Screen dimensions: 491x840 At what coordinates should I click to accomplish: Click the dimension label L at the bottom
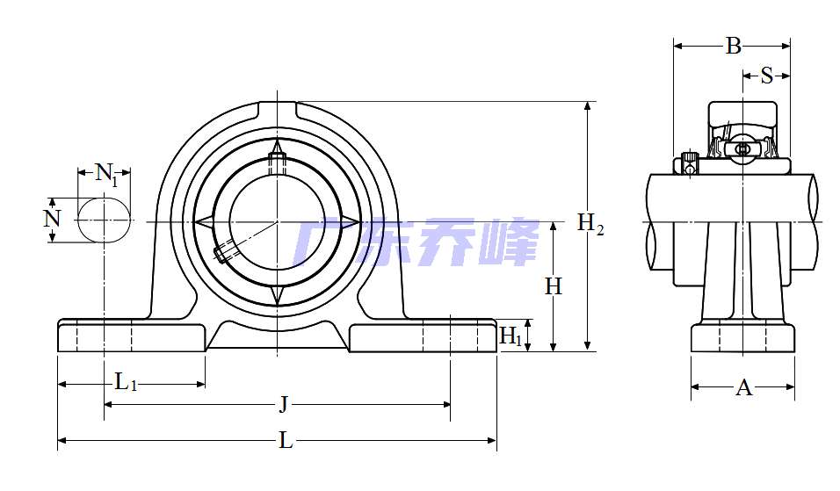286,441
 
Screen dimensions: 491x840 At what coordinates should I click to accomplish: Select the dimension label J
283,405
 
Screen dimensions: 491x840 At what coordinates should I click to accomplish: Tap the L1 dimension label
127,382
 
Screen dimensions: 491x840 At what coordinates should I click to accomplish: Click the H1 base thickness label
511,336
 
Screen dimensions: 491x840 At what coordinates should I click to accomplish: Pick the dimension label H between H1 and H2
553,286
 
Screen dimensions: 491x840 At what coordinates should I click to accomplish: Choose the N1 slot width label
106,173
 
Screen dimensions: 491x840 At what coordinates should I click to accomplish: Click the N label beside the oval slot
53,218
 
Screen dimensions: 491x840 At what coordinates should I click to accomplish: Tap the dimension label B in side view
733,47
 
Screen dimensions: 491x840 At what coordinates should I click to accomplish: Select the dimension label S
766,76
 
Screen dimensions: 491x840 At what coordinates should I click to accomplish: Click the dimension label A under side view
743,387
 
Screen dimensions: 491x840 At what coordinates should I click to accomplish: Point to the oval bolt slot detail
105,219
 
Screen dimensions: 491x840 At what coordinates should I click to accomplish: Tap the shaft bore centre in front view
277,222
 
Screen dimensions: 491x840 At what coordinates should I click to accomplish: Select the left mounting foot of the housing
131,337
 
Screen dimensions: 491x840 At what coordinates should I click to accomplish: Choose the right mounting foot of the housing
423,337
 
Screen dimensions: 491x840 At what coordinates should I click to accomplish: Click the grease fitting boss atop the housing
277,111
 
